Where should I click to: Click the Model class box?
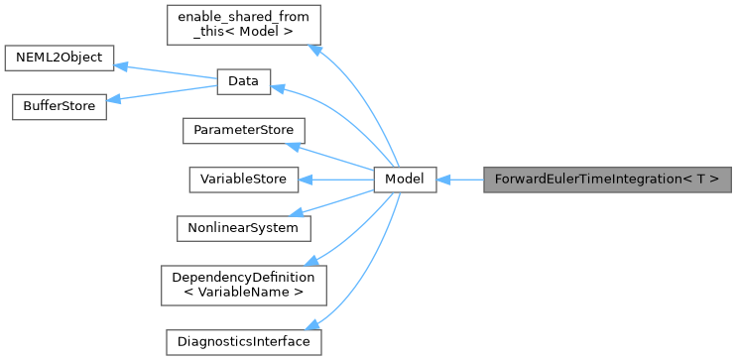405,180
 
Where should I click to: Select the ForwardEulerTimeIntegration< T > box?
607,180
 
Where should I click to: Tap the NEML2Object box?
58,57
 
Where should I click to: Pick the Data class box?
243,82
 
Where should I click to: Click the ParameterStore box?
243,131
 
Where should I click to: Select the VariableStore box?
243,180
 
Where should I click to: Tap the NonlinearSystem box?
243,227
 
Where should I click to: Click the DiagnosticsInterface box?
243,341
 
